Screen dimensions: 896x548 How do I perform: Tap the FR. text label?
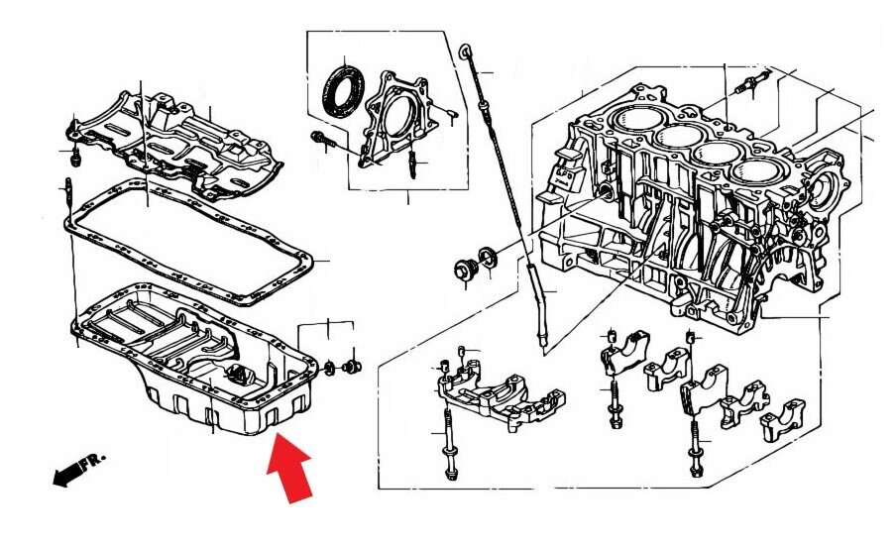92,460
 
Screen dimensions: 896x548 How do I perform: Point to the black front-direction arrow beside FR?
67,475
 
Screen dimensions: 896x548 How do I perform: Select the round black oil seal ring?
343,91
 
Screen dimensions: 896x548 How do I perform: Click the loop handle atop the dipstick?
466,54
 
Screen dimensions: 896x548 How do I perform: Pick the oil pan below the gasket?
194,357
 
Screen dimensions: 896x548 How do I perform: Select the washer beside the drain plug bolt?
488,258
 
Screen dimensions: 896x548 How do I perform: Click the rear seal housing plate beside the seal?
398,119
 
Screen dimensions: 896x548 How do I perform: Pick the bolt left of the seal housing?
322,141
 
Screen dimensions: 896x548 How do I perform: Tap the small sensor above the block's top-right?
751,83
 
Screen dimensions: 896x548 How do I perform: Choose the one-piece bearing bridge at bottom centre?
499,394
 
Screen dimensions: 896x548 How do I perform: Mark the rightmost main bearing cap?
783,419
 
